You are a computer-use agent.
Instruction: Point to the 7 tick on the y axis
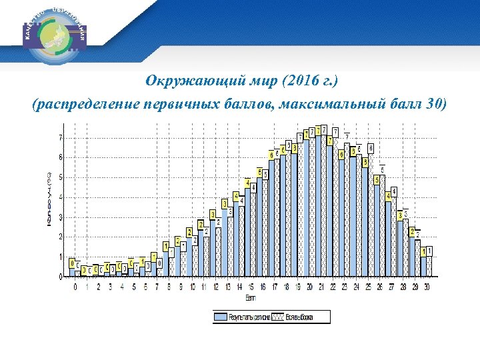point(61,138)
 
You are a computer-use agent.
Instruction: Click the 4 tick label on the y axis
point(61,197)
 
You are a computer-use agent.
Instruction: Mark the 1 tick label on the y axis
point(61,257)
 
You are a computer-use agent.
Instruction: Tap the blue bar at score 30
point(423,266)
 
